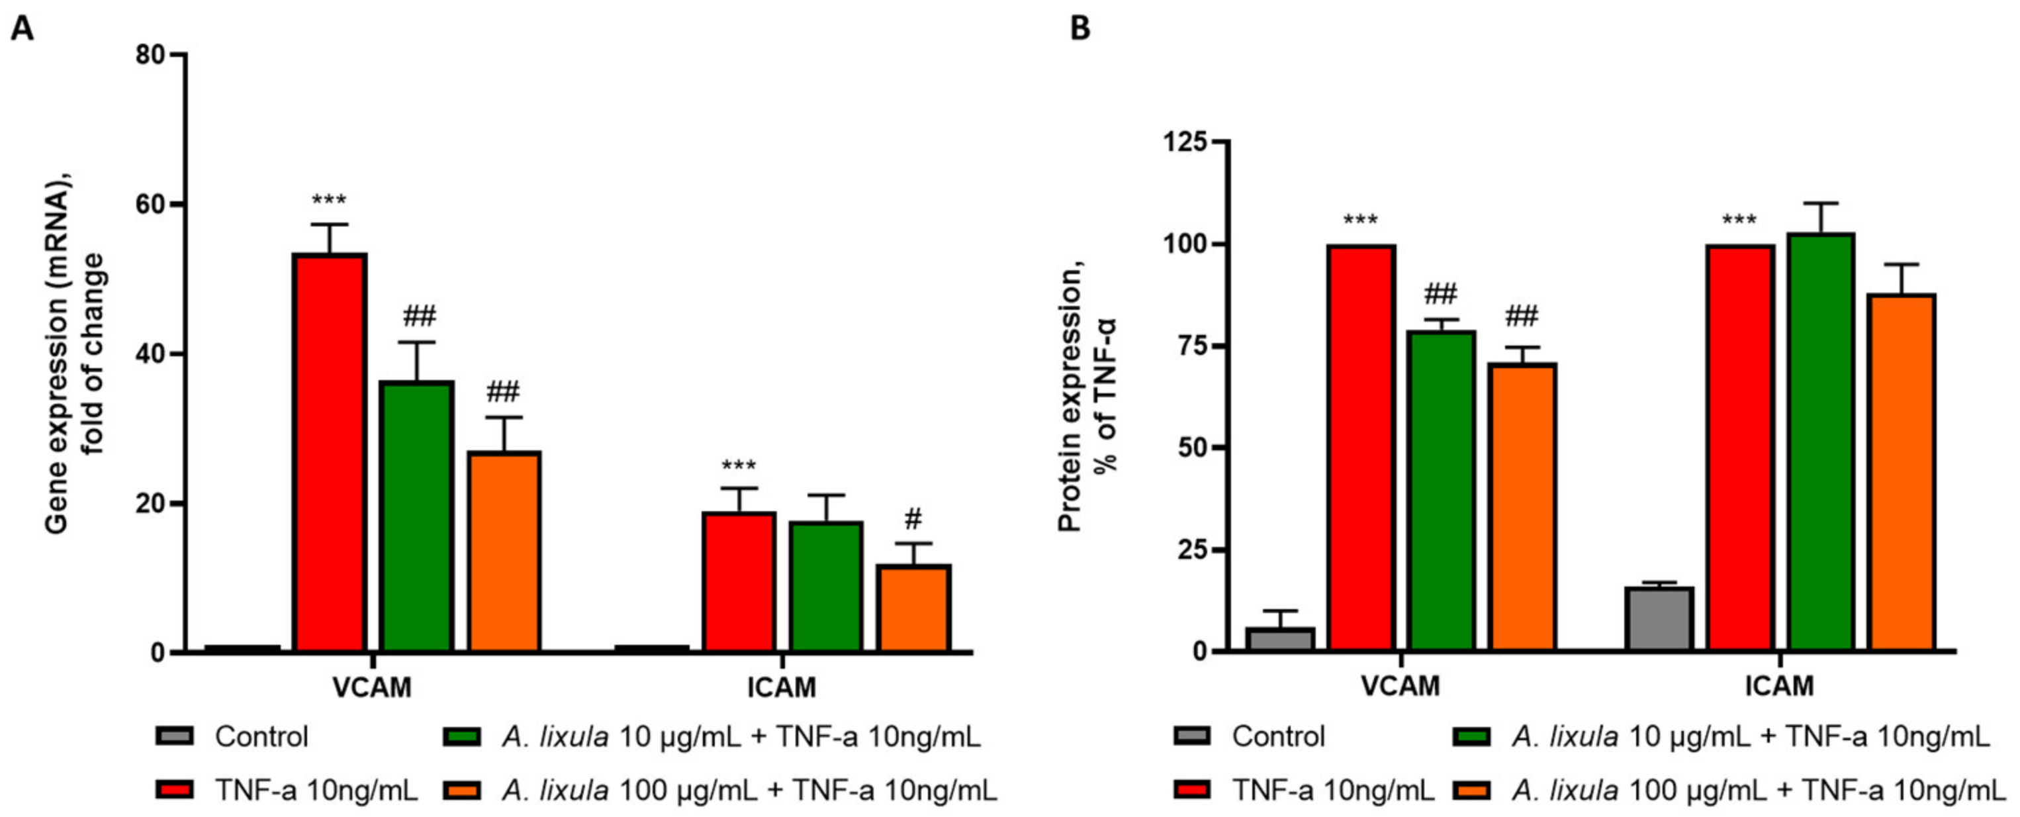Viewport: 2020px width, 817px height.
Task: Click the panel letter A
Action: (x=22, y=29)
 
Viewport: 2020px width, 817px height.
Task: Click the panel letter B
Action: (x=1081, y=29)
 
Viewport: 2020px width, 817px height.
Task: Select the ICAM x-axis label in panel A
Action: (x=781, y=688)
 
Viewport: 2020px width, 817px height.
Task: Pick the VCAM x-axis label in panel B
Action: (x=1400, y=686)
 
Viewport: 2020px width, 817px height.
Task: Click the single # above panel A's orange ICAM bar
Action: (x=913, y=518)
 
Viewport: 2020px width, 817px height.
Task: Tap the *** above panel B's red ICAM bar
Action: (x=1739, y=221)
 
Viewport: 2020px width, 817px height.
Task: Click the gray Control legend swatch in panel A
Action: (x=174, y=736)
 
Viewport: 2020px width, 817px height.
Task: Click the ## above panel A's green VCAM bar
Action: (x=420, y=316)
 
